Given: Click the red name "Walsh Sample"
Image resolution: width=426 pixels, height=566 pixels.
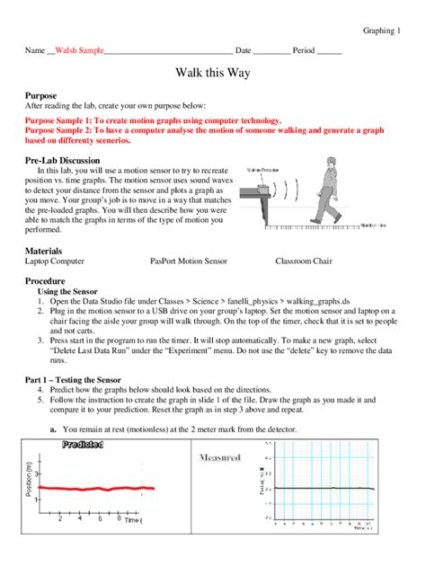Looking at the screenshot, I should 79,51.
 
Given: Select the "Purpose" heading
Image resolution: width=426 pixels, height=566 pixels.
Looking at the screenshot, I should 41,95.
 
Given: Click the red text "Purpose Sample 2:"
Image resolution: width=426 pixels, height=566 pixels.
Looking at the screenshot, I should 59,129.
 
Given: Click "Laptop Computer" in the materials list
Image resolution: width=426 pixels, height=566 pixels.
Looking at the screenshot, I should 56,261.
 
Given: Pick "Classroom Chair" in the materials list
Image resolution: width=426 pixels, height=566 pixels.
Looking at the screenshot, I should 306,261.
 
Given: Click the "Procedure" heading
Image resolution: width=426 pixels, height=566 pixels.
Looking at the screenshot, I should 46,281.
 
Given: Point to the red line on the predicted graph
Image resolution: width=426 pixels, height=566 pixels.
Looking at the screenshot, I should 90,488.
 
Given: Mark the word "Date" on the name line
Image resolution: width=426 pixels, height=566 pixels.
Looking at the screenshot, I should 243,51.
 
